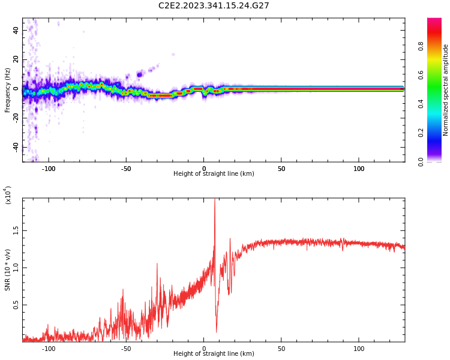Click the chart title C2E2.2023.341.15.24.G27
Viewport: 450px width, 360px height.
(x=214, y=6)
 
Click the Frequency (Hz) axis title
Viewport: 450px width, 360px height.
(x=8, y=90)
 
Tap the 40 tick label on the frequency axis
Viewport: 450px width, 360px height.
(x=16, y=30)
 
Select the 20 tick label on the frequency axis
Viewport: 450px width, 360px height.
(x=16, y=59)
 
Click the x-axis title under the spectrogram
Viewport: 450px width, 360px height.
(x=214, y=174)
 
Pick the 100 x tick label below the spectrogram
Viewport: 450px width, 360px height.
(x=359, y=169)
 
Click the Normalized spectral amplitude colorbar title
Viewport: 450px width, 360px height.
(x=446, y=90)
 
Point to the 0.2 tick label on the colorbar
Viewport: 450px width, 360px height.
(x=438, y=133)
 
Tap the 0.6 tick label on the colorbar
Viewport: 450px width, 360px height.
(x=438, y=75)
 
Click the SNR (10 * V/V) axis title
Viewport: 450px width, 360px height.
(x=8, y=271)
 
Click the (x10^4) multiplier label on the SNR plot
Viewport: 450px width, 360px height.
(x=8, y=195)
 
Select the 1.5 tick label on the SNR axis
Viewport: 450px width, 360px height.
(x=16, y=230)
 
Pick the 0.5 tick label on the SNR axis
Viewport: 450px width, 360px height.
(x=16, y=305)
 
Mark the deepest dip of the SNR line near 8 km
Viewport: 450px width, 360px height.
(x=217, y=331)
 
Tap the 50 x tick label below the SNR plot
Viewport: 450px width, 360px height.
(x=281, y=349)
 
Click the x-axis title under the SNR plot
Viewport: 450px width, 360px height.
(x=214, y=354)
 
